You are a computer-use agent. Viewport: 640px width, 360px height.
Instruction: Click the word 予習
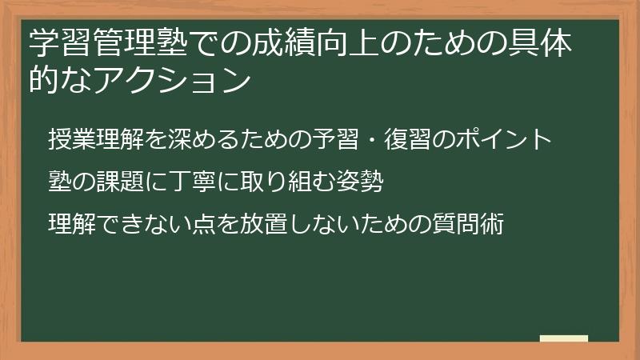pos(346,139)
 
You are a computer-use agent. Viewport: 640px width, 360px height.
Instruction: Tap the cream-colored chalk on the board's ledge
pos(564,338)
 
